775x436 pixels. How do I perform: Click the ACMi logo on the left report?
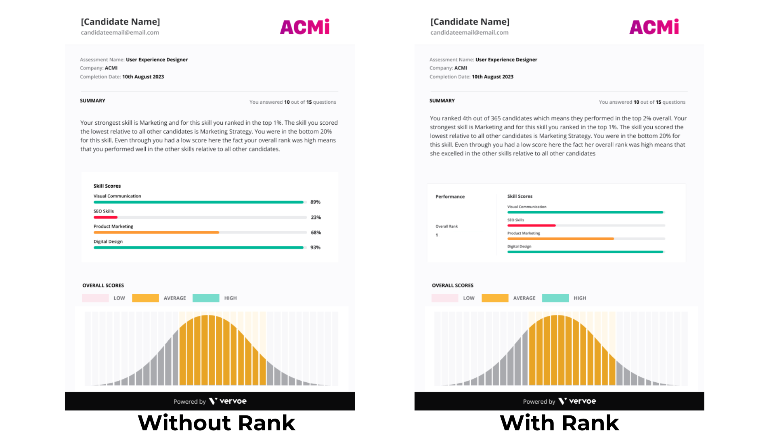point(305,27)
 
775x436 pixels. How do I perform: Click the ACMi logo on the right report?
point(654,27)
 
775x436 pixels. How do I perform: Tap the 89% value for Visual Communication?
point(315,202)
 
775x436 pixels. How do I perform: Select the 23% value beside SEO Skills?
point(316,217)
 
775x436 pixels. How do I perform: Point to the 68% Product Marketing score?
point(316,233)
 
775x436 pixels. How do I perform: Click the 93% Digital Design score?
point(315,247)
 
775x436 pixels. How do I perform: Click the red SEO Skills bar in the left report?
point(105,217)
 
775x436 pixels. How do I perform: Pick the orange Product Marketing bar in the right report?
point(560,239)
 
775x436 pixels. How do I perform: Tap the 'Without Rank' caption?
point(216,423)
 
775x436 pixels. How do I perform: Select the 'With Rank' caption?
point(559,423)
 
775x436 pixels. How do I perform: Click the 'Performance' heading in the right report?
point(450,197)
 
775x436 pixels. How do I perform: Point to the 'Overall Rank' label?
point(446,226)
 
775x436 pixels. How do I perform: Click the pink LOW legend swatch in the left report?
point(95,298)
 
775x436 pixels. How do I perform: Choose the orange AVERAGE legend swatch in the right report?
point(495,298)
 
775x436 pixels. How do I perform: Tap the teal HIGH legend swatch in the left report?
point(206,298)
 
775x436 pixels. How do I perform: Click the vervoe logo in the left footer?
point(228,401)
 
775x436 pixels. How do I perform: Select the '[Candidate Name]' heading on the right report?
point(470,22)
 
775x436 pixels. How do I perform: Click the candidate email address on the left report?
point(120,33)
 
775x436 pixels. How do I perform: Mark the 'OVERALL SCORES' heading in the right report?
point(452,285)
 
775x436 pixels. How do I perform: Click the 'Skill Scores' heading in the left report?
point(107,186)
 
